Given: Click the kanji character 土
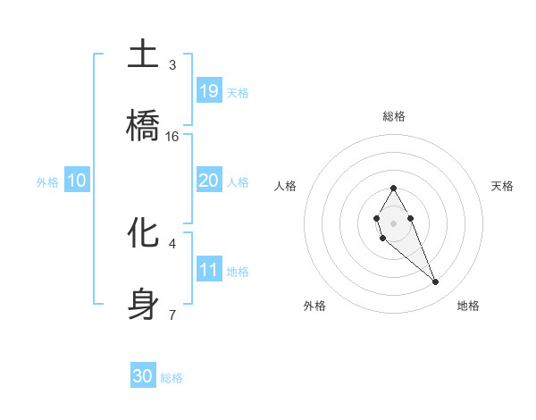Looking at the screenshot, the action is [143, 55].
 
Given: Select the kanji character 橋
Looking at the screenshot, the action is [143, 127].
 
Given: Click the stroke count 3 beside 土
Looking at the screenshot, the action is [172, 65].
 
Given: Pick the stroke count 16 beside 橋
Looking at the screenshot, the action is [172, 137].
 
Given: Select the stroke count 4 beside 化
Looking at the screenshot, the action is [172, 243].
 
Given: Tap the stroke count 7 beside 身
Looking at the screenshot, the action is [172, 315].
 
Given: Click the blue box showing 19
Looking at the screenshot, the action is [209, 91].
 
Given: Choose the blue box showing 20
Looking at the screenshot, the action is [209, 181].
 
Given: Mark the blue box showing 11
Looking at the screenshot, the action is [209, 270].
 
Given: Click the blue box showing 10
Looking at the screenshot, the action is [77, 181].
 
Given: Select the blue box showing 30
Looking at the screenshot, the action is [143, 376].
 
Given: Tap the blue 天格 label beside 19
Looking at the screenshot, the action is [238, 92].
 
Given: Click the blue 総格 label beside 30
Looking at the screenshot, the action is [172, 378].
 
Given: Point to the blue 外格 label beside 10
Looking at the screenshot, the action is [47, 181].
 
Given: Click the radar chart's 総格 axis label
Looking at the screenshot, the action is [394, 116].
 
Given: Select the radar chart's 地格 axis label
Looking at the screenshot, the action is [468, 306].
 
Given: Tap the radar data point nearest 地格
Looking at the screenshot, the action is [436, 282].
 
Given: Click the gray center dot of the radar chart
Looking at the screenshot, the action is [393, 222].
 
